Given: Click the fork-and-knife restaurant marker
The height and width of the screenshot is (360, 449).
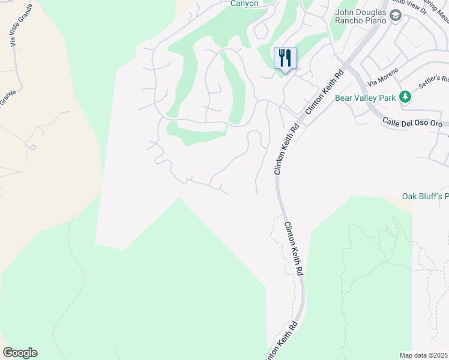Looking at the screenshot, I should [x=285, y=59].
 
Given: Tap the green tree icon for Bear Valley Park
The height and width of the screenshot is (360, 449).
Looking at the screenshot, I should [x=406, y=97].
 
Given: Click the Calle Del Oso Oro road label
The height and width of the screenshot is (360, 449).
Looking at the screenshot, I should [x=412, y=122].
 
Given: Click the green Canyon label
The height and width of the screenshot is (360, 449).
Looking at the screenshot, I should [x=244, y=3].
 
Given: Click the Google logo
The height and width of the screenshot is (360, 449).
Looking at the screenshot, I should [x=20, y=353].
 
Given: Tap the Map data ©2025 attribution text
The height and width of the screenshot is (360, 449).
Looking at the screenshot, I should [x=424, y=355].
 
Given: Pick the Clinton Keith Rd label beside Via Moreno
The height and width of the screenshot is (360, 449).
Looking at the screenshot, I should [x=323, y=92].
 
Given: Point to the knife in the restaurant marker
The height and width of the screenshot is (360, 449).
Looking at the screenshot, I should [x=289, y=58].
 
